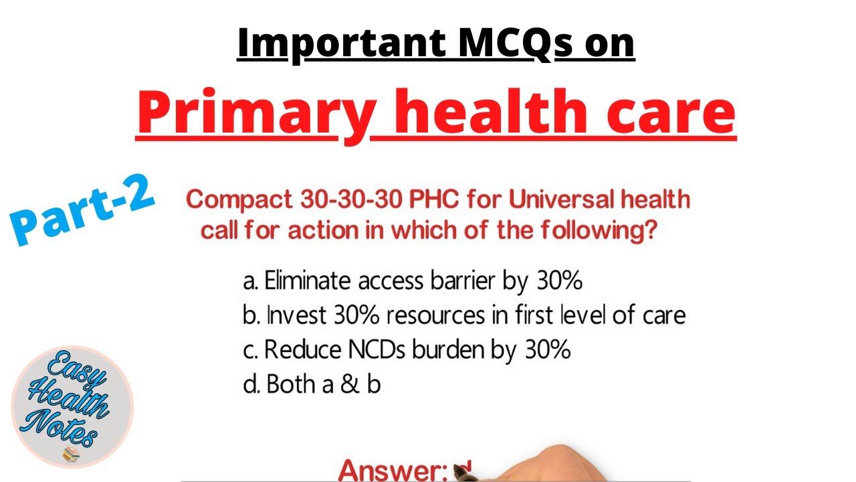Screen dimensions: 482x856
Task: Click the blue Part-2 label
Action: tap(84, 209)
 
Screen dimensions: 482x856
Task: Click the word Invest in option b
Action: tap(290, 315)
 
